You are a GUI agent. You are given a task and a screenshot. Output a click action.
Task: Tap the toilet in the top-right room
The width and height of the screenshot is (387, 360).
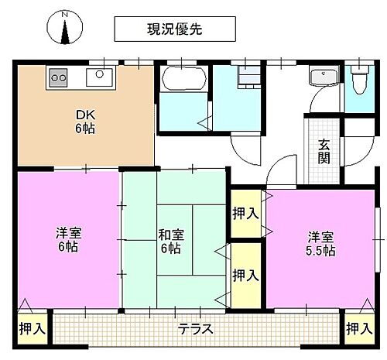coord(358,79)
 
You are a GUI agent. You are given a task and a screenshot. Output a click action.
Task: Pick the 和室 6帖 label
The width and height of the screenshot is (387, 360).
coord(170,242)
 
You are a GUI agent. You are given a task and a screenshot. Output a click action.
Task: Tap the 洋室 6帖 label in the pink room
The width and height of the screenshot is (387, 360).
coord(67,240)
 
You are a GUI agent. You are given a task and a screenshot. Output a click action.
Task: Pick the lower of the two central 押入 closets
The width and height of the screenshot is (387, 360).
coord(246,274)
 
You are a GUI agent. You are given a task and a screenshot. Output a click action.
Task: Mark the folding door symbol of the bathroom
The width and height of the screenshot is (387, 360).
coord(205,122)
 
